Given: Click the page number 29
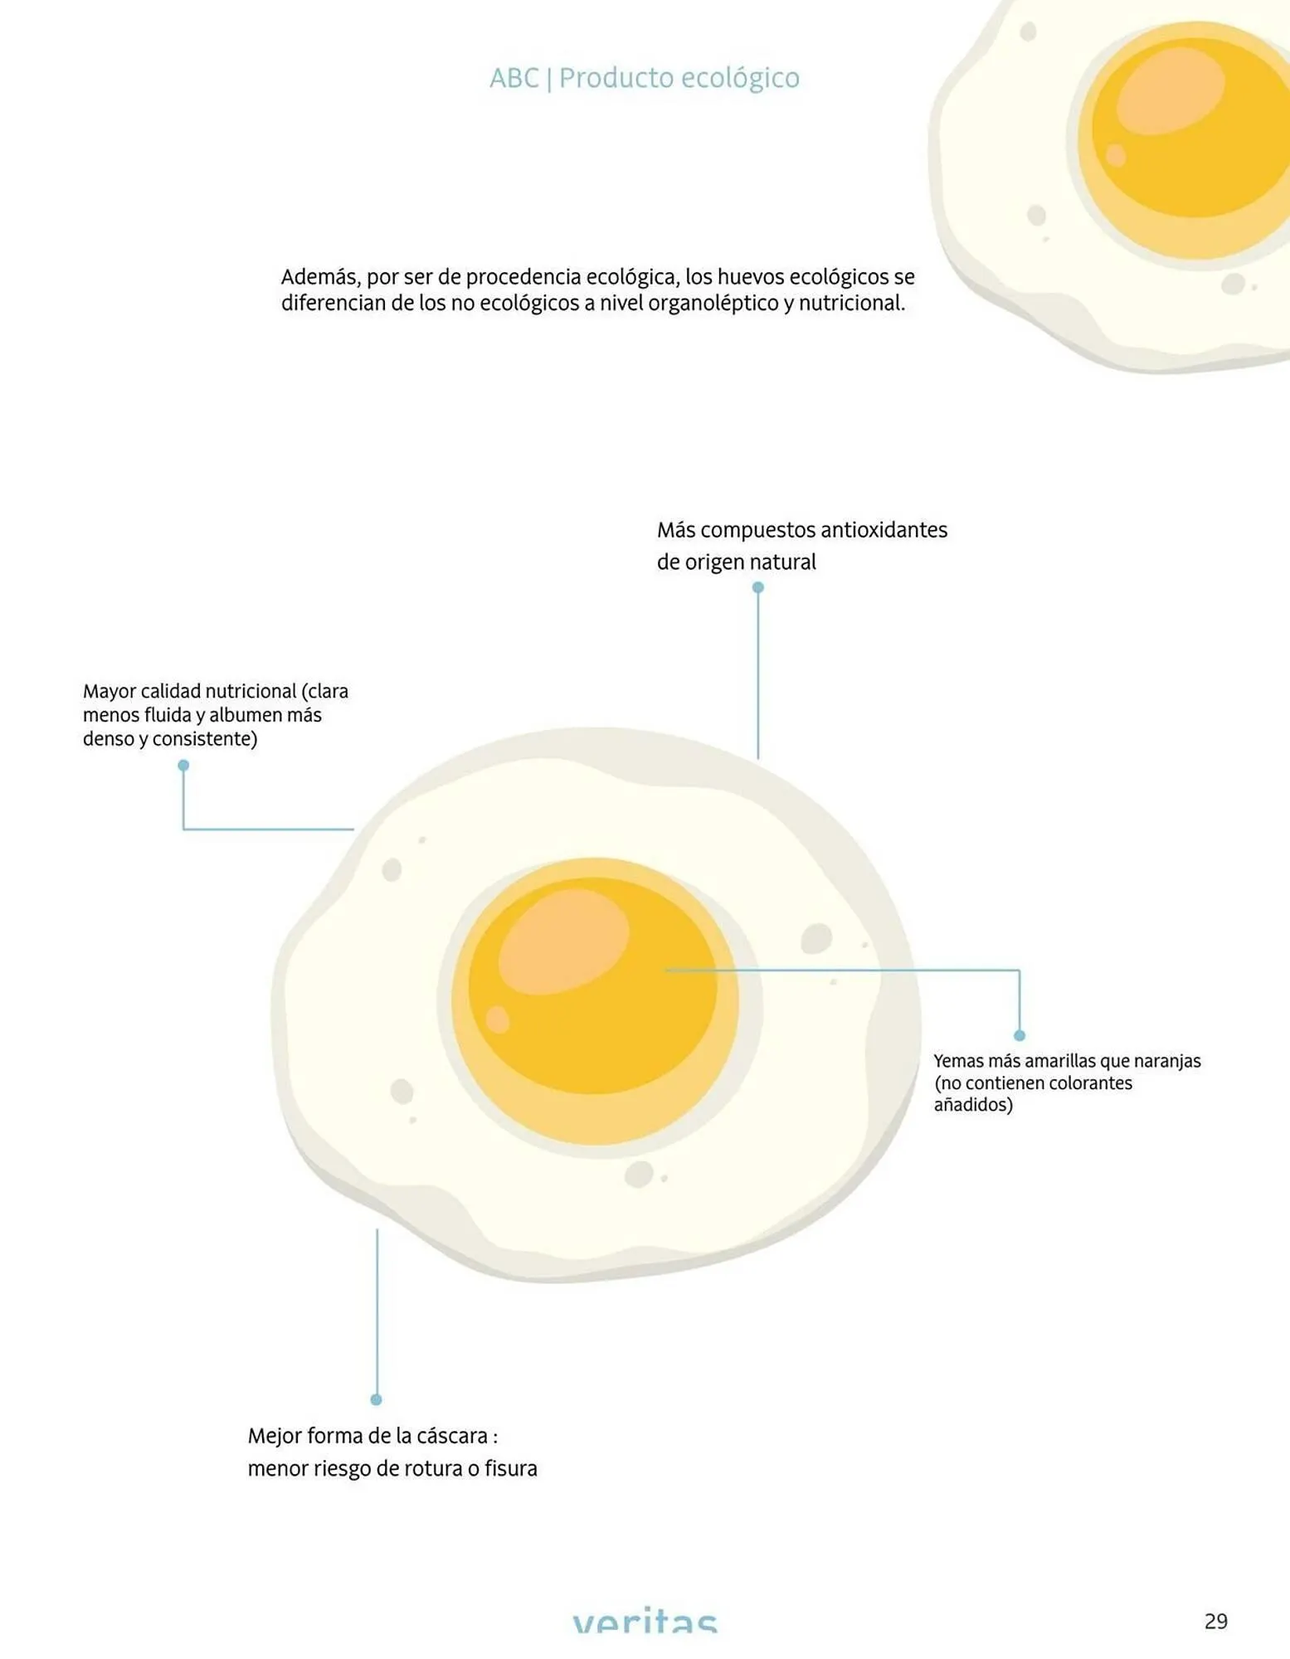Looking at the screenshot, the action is click(1215, 1621).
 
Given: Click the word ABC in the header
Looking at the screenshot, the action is click(514, 78).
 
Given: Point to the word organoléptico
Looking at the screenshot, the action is click(714, 304).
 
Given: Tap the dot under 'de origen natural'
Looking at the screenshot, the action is click(757, 587).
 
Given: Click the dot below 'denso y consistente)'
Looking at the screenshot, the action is click(183, 766).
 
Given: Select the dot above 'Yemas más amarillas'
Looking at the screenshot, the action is click(1020, 1035).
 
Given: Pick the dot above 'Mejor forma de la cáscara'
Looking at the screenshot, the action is click(377, 1399).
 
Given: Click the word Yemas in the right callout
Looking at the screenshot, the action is click(958, 1061).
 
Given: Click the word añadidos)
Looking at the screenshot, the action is click(973, 1105).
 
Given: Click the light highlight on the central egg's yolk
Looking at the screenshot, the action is click(564, 941).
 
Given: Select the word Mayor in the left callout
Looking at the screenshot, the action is click(109, 692).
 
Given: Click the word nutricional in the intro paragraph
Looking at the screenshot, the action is click(851, 304).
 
